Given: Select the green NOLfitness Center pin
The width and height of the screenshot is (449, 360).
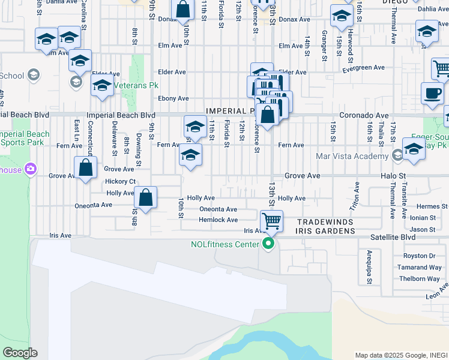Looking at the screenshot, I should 268,244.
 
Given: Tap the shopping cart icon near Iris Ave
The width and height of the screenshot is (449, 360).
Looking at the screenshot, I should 271,221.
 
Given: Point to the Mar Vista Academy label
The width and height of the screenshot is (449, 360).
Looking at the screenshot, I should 352,157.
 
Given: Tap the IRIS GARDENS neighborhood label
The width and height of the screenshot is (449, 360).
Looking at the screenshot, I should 324,230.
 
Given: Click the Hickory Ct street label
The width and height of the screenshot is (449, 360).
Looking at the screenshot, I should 120,181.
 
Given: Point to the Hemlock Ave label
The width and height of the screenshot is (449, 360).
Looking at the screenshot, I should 218,220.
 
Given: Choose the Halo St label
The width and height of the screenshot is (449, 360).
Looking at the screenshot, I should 394,176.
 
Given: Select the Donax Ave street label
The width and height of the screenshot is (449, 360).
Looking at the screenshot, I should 294,20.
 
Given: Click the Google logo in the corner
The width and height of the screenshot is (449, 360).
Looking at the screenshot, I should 20,353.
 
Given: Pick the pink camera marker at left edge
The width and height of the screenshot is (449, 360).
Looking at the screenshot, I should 28,170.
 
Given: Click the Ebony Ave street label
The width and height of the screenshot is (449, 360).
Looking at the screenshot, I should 173,98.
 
